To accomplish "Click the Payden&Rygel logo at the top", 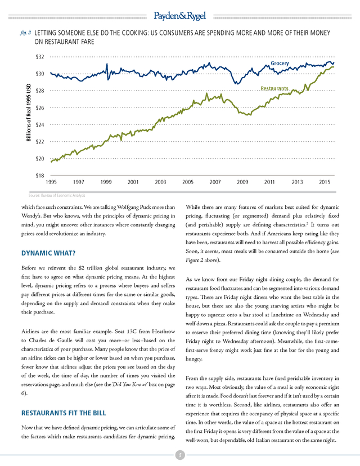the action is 179,16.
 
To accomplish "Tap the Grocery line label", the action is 280,63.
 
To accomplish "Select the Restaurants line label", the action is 274,88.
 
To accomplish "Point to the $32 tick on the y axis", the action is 39,57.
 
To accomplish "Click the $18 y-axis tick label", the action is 39,176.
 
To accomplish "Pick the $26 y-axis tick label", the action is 39,107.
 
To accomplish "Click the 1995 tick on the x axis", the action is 51,182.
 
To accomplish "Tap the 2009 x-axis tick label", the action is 242,182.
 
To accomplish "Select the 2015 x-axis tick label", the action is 325,182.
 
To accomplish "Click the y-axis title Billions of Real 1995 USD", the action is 29,113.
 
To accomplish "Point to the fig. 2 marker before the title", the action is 25,33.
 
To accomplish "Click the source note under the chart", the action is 57,195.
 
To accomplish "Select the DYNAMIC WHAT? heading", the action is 48,253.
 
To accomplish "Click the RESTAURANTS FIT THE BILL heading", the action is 64,413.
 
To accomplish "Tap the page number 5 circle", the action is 180,455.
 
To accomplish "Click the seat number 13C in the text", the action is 132,331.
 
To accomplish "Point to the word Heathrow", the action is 163,331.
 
